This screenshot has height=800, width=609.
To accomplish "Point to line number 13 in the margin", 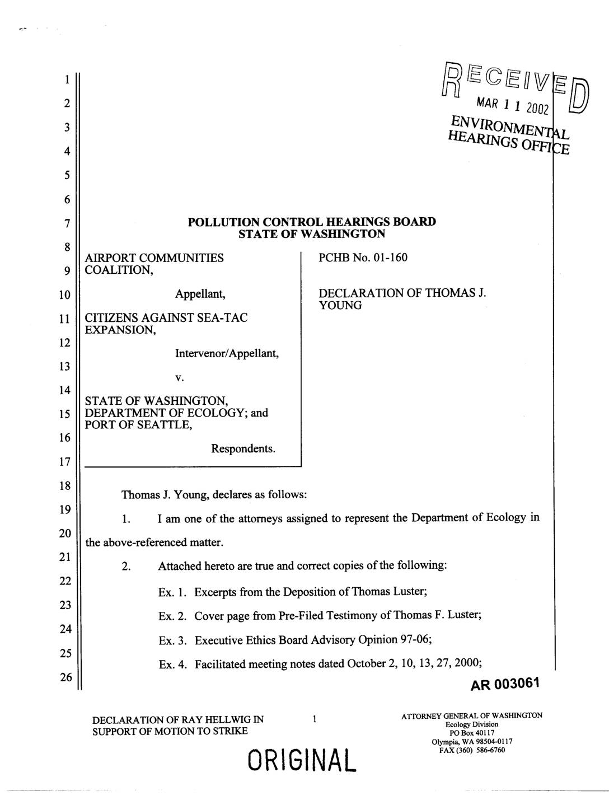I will click(x=66, y=367).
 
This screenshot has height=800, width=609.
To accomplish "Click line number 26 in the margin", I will click(x=66, y=677).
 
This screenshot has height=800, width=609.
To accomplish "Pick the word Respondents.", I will click(x=243, y=449).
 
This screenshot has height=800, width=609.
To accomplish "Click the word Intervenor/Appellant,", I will click(x=227, y=354).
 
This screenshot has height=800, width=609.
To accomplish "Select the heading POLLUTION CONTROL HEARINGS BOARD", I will click(x=312, y=222).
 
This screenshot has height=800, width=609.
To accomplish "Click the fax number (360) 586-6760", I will click(x=480, y=750).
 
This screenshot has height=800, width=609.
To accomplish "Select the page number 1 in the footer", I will click(x=315, y=719).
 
